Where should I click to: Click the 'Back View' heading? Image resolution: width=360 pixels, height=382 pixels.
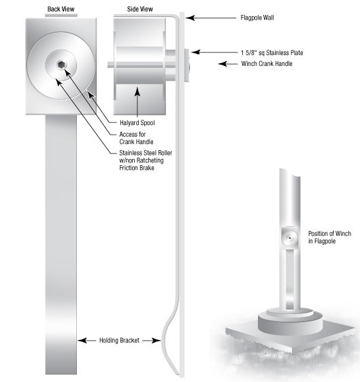(x=61, y=10)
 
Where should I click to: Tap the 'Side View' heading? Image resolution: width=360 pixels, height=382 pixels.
(x=140, y=10)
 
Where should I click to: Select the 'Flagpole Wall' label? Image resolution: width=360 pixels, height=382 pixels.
(x=257, y=18)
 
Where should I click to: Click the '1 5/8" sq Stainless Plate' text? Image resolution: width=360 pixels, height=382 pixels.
(x=272, y=52)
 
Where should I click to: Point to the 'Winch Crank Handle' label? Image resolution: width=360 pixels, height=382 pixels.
(x=267, y=64)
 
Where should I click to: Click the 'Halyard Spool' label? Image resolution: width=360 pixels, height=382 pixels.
(x=137, y=123)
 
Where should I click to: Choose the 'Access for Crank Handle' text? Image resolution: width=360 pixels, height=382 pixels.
(x=136, y=138)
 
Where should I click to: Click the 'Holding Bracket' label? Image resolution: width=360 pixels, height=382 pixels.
(x=119, y=341)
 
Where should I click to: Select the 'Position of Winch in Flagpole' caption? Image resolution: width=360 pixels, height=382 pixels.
(x=330, y=237)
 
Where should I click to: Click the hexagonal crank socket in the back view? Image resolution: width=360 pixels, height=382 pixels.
(x=61, y=65)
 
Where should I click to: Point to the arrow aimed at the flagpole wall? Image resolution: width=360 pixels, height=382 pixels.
(x=211, y=18)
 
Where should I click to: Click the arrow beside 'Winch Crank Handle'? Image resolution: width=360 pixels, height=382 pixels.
(x=228, y=64)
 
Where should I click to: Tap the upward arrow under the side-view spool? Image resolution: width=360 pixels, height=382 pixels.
(x=137, y=103)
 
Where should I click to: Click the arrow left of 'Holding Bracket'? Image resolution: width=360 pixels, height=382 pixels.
(x=86, y=341)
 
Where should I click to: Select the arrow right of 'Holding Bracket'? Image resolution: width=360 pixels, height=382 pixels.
(x=152, y=341)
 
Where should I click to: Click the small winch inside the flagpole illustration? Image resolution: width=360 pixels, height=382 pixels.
(x=289, y=238)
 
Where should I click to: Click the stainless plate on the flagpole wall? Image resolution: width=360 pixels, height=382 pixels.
(x=186, y=65)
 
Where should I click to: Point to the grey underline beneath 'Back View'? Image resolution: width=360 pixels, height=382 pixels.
(x=61, y=16)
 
